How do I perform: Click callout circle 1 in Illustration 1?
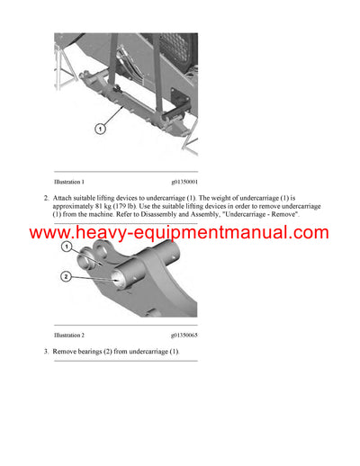click(x=99, y=129)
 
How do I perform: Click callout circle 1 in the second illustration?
click(x=66, y=246)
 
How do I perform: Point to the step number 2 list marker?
click(x=46, y=197)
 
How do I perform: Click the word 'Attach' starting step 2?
click(x=65, y=197)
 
